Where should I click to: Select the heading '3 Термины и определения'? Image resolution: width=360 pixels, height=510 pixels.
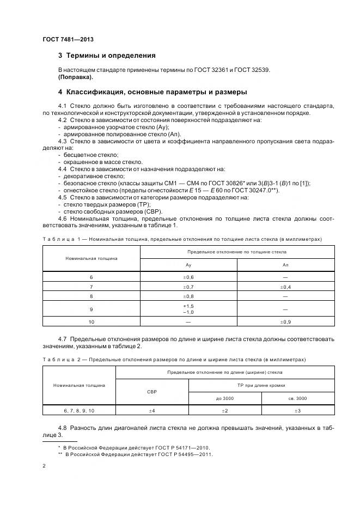click(107, 56)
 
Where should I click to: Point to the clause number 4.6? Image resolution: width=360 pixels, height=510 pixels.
click(63, 218)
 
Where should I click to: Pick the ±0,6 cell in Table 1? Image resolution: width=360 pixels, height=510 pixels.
click(188, 277)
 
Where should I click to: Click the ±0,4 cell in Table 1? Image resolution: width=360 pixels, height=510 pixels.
click(285, 287)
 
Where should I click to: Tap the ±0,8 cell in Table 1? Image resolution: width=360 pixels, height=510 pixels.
click(188, 296)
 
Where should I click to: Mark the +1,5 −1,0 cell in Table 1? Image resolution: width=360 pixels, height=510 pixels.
click(188, 309)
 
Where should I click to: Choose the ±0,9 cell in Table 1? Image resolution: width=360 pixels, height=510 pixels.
click(285, 322)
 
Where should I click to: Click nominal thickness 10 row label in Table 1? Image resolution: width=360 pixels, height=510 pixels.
click(91, 322)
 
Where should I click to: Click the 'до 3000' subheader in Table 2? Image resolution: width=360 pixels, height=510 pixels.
click(224, 398)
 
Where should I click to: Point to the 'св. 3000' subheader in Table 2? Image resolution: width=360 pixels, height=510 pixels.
click(298, 398)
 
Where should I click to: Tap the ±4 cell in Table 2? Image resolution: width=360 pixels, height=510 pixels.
click(152, 410)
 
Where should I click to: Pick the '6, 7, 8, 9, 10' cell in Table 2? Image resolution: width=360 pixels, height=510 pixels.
click(79, 410)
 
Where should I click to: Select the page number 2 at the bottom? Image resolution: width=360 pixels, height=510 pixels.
click(44, 466)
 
